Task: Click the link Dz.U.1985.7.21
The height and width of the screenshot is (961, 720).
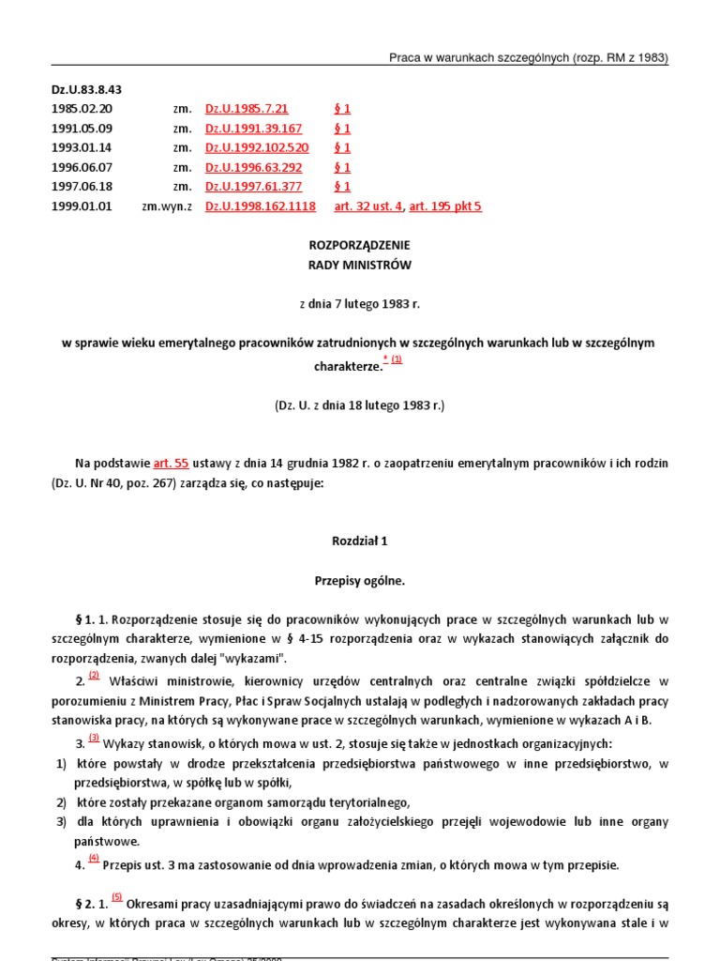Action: pyautogui.click(x=247, y=109)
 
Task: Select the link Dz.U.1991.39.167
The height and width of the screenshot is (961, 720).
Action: pyautogui.click(x=253, y=129)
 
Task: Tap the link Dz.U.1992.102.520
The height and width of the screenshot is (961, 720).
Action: pyautogui.click(x=257, y=148)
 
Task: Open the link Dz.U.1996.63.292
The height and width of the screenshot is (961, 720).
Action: pyautogui.click(x=253, y=168)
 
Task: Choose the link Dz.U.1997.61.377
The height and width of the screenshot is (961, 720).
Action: pyautogui.click(x=253, y=187)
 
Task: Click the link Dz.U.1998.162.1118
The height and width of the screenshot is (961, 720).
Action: pyautogui.click(x=260, y=206)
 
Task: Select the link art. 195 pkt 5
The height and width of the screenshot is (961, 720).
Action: pyautogui.click(x=445, y=206)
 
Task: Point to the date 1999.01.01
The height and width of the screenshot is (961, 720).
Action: pyautogui.click(x=82, y=206)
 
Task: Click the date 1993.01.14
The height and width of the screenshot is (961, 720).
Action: pyautogui.click(x=82, y=148)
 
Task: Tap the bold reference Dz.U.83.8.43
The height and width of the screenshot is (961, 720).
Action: pyautogui.click(x=86, y=90)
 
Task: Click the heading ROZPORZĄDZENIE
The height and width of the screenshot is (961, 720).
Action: pyautogui.click(x=360, y=245)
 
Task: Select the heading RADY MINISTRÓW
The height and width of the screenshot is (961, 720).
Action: pyautogui.click(x=360, y=265)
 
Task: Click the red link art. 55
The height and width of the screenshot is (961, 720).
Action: pyautogui.click(x=171, y=464)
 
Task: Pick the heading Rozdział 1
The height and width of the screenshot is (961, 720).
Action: pyautogui.click(x=360, y=542)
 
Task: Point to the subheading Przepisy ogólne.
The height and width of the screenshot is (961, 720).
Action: pyautogui.click(x=360, y=581)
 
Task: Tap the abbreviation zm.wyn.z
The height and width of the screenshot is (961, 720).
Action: pyautogui.click(x=167, y=206)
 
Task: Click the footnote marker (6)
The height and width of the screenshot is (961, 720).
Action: pyautogui.click(x=94, y=858)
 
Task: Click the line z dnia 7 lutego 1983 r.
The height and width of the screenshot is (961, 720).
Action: pyautogui.click(x=360, y=304)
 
